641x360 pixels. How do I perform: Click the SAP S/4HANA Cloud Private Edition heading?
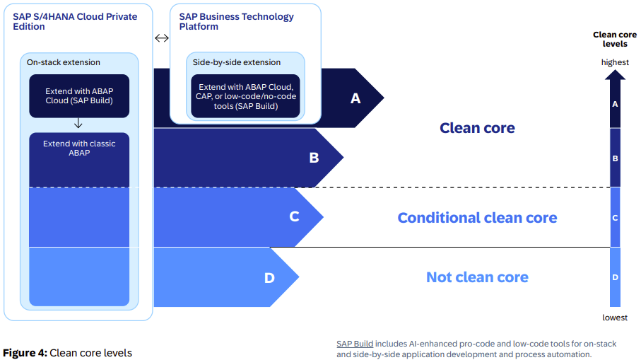[75, 22]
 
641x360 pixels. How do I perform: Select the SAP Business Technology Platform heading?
[236, 22]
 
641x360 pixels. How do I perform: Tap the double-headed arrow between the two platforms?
[162, 38]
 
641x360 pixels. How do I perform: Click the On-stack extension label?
[64, 62]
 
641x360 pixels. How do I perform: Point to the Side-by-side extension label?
[237, 62]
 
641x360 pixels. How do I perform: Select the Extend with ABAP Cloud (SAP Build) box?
[79, 96]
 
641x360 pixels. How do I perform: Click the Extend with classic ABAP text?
[79, 148]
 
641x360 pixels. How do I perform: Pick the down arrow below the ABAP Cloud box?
[78, 124]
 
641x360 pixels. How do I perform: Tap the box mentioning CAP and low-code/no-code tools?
[246, 97]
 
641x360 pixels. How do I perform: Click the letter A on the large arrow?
[355, 98]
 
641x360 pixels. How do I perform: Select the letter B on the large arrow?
[314, 158]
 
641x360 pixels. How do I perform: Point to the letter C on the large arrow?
[294, 216]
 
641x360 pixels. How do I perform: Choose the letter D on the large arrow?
[269, 278]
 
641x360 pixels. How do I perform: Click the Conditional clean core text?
[477, 218]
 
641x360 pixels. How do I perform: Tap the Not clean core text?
[477, 277]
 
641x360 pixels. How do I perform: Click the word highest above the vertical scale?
[615, 62]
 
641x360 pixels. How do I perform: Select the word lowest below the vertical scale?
[615, 318]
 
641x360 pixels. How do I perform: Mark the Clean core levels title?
[615, 40]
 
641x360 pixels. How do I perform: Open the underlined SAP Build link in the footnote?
[355, 344]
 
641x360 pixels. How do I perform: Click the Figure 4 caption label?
[25, 353]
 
